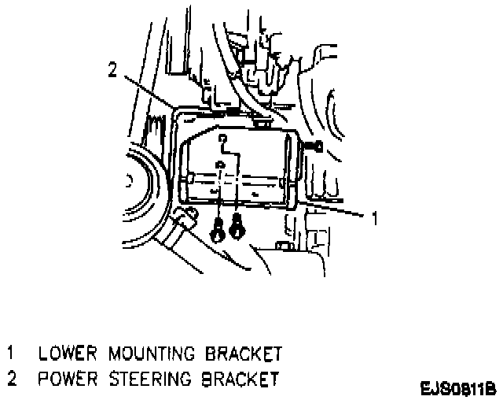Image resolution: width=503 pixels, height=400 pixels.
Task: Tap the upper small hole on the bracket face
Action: pos(223,142)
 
